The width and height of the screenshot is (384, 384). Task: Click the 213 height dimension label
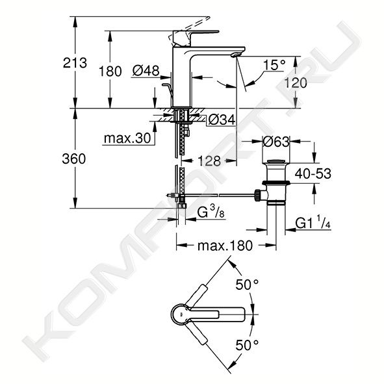pyautogui.click(x=75, y=63)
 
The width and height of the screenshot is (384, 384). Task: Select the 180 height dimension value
pyautogui.click(x=110, y=71)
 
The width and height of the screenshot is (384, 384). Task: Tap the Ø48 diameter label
pyautogui.click(x=146, y=71)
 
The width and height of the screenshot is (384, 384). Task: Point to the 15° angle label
pyautogui.click(x=274, y=65)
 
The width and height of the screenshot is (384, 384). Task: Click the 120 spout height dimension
pyautogui.click(x=296, y=83)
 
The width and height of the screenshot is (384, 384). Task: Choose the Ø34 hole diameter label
pyautogui.click(x=222, y=120)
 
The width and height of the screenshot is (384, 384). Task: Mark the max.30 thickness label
pyautogui.click(x=127, y=138)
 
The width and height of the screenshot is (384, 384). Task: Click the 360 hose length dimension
pyautogui.click(x=74, y=159)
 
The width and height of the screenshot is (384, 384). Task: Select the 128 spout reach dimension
pyautogui.click(x=209, y=161)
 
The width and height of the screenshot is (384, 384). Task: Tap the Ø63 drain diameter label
pyautogui.click(x=276, y=142)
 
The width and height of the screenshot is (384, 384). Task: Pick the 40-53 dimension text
pyautogui.click(x=313, y=173)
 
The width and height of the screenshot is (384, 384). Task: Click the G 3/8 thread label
pyautogui.click(x=211, y=212)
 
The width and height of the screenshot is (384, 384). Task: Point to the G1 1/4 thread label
pyautogui.click(x=313, y=222)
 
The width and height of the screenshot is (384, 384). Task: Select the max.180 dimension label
pyautogui.click(x=225, y=246)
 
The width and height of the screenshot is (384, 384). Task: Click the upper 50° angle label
pyautogui.click(x=247, y=285)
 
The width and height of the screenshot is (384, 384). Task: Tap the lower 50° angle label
pyautogui.click(x=247, y=345)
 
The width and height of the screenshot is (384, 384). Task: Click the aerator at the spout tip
pyautogui.click(x=236, y=55)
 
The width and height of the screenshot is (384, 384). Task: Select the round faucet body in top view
pyautogui.click(x=182, y=314)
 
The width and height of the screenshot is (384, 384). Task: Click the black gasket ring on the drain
pyautogui.click(x=276, y=183)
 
